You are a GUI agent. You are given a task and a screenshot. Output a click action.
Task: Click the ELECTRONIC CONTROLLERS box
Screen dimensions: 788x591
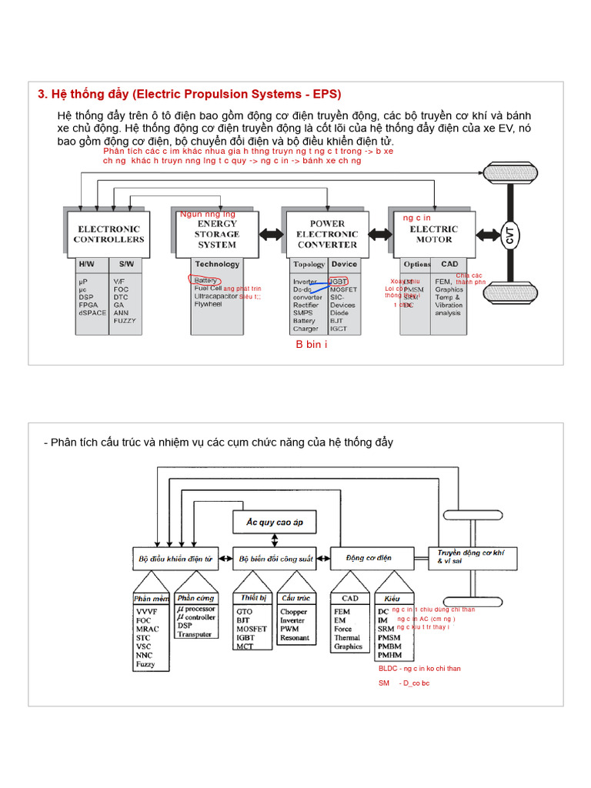[x=109, y=234]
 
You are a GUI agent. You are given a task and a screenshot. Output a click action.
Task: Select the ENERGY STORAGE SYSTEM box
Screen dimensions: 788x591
[x=216, y=234]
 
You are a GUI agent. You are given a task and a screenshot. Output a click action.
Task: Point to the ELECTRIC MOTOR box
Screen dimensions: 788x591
[x=433, y=234]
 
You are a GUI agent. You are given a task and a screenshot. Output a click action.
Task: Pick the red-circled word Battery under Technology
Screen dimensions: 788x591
[x=206, y=281]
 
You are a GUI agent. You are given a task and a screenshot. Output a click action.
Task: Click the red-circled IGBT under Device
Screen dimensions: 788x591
[x=339, y=282]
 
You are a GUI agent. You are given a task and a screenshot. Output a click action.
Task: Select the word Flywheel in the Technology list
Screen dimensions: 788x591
[x=209, y=304]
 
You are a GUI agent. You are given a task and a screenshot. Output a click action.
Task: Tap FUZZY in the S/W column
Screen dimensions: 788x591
[x=124, y=320]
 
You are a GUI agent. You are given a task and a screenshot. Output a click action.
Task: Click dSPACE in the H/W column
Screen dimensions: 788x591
[x=92, y=312]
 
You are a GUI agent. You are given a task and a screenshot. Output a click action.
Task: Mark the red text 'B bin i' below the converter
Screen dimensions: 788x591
[x=312, y=344]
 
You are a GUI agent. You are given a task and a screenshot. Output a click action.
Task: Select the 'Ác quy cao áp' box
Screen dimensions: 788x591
[x=275, y=523]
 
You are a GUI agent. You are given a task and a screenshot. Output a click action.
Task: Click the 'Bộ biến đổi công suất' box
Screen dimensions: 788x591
[x=275, y=558]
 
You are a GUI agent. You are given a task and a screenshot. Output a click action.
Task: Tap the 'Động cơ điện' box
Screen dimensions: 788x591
[x=369, y=558]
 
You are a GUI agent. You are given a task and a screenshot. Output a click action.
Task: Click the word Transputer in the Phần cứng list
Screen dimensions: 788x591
[x=194, y=634]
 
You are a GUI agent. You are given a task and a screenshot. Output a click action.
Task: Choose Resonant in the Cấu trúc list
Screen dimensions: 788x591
[x=295, y=638]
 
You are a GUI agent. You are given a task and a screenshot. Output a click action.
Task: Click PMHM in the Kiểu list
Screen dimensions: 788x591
[x=389, y=655]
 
